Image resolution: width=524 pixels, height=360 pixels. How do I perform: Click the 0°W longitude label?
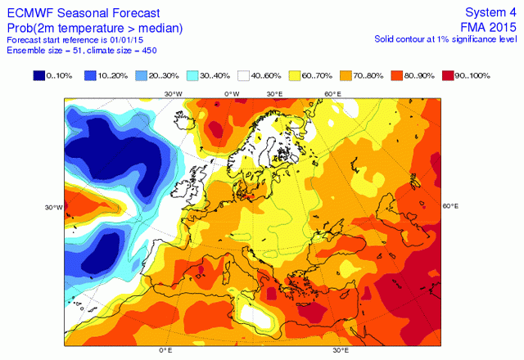point(233,94)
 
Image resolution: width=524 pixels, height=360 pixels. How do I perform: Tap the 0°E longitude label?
point(165,351)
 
